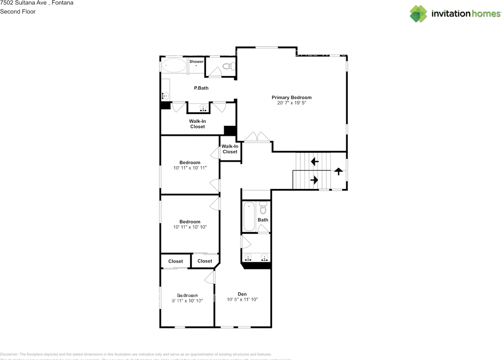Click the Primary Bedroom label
(x=291, y=97)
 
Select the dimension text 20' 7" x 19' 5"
(x=291, y=103)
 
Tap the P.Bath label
(x=201, y=88)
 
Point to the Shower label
(x=196, y=62)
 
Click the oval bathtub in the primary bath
(x=174, y=65)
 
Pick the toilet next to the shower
(x=228, y=66)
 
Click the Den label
(x=242, y=294)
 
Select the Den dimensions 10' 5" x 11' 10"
(x=242, y=300)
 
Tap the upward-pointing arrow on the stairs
(x=338, y=171)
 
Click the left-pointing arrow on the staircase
(x=315, y=161)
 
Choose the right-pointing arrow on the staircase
(x=314, y=180)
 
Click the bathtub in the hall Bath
(x=249, y=216)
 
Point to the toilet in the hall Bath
(x=263, y=208)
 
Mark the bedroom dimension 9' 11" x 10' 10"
(x=187, y=301)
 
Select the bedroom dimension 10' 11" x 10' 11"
(x=190, y=168)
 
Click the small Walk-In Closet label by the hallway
(x=230, y=149)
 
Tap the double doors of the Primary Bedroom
(x=257, y=137)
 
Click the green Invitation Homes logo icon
(x=418, y=14)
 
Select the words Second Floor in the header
(x=18, y=11)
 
